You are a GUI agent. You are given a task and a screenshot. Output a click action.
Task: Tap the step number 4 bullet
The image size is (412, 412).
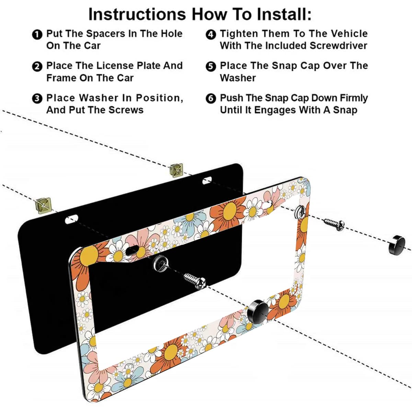(210, 34)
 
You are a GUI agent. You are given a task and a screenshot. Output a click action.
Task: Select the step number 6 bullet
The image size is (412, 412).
(210, 99)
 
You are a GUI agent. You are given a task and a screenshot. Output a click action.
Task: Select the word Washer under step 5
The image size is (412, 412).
(238, 78)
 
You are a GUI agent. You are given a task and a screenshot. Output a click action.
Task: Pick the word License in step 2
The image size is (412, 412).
(115, 66)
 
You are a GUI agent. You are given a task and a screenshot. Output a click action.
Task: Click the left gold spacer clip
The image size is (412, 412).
(43, 205)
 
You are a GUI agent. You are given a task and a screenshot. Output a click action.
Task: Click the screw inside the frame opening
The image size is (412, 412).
(194, 280)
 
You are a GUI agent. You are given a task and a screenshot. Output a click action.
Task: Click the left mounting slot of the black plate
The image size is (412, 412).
(71, 219)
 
